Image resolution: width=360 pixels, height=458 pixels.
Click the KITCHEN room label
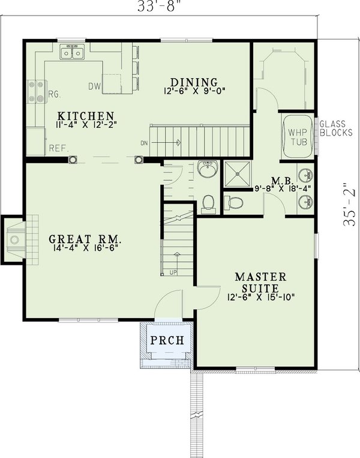[86, 116]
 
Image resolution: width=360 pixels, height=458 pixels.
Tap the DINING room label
[193, 82]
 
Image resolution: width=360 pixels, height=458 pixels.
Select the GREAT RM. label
[88, 238]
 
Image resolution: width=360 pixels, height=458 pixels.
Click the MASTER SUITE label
[260, 282]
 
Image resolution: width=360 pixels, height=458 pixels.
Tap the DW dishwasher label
[94, 86]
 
